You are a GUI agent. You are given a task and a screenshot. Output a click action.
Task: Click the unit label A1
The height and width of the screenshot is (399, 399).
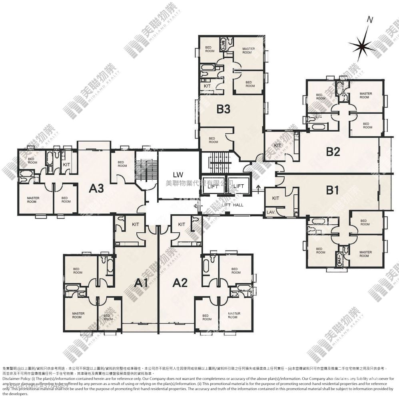coord(141,283)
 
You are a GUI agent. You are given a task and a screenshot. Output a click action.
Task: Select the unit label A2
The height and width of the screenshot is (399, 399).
coord(180,283)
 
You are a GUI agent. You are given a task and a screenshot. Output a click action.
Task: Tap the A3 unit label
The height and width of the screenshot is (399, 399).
coord(96,188)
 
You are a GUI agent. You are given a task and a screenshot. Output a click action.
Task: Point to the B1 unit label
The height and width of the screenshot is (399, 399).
coord(332,190)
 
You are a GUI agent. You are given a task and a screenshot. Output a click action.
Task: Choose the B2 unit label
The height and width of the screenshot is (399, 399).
coord(333,152)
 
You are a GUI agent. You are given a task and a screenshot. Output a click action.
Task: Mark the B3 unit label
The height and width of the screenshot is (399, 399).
coord(223,109)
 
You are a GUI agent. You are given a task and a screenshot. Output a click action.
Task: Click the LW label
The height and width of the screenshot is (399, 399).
coord(178,174)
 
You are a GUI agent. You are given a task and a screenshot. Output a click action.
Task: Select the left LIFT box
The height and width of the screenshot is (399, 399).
coord(213,186)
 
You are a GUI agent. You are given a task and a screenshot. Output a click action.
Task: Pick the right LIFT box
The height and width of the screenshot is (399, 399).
coord(239,186)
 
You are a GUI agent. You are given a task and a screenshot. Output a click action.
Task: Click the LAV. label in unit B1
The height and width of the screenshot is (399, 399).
coord(271,213)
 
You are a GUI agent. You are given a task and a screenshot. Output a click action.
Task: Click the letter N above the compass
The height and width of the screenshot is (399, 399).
coord(370,20)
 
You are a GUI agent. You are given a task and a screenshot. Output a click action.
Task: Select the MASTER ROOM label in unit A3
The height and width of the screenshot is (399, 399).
coord(33,199)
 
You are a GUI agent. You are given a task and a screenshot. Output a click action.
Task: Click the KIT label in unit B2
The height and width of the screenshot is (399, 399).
coord(277,145)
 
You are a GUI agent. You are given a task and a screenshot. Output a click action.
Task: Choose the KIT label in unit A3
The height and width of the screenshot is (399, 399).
coord(67,164)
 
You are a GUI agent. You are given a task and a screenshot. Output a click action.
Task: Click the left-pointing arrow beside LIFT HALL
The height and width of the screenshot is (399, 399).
coord(196,206)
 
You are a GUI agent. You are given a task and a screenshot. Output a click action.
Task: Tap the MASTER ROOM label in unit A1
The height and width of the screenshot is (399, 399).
coord(78,315)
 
